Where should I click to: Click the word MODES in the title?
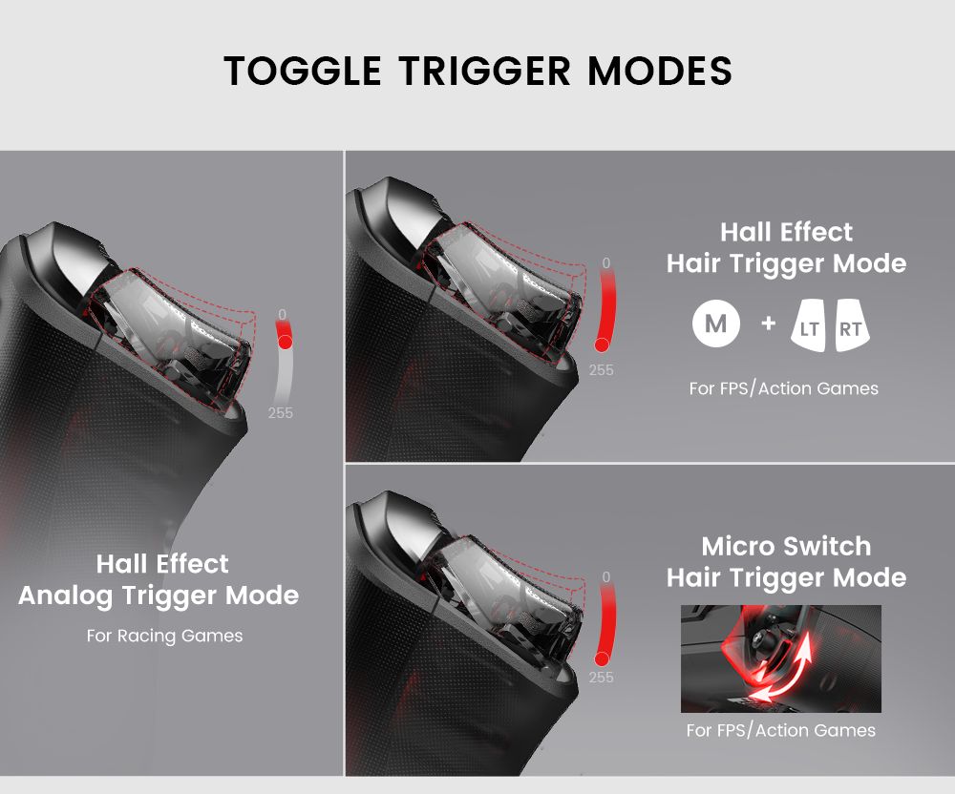pyautogui.click(x=659, y=72)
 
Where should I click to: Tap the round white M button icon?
pyautogui.click(x=716, y=324)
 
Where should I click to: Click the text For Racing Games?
pyautogui.click(x=164, y=636)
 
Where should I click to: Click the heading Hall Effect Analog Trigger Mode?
pyautogui.click(x=159, y=580)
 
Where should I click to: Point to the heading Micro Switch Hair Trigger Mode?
pyautogui.click(x=786, y=562)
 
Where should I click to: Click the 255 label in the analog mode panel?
pyautogui.click(x=281, y=413)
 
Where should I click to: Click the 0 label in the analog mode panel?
pyautogui.click(x=282, y=314)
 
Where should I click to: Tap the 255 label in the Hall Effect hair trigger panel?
pyautogui.click(x=602, y=370)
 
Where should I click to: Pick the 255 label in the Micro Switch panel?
pyautogui.click(x=602, y=678)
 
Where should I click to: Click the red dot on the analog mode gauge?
pyautogui.click(x=285, y=342)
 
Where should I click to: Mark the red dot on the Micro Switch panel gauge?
pyautogui.click(x=603, y=658)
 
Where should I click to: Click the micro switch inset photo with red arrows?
pyautogui.click(x=780, y=658)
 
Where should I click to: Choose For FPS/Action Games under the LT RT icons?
pyautogui.click(x=783, y=388)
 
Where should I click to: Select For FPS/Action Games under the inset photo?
pyautogui.click(x=780, y=730)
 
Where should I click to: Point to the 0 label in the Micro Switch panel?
pyautogui.click(x=606, y=577)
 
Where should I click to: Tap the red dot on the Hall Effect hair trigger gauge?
pyautogui.click(x=603, y=345)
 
